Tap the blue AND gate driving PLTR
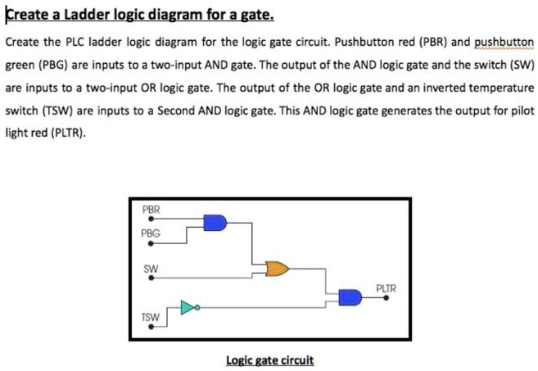pyautogui.click(x=350, y=297)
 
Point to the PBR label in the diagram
pyautogui.click(x=151, y=210)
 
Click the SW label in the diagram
pyautogui.click(x=150, y=267)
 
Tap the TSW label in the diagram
pyautogui.click(x=151, y=315)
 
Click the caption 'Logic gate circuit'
pyautogui.click(x=269, y=360)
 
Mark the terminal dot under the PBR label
pyautogui.click(x=150, y=219)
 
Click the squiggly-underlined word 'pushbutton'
pyautogui.click(x=504, y=42)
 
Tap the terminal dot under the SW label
pyautogui.click(x=150, y=277)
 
